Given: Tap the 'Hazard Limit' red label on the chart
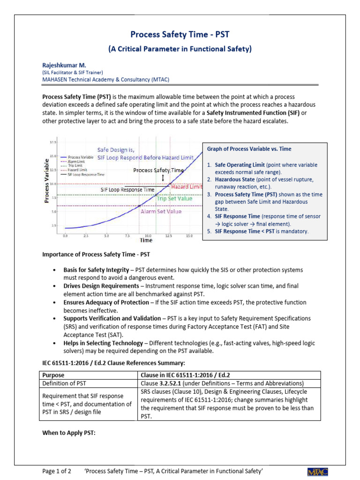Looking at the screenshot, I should (187, 187).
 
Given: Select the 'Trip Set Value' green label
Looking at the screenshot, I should (174, 198).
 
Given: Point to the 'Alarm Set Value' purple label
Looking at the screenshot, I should (161, 211).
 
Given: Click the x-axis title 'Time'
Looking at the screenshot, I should (145, 240).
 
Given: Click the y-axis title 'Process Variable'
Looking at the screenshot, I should (47, 180).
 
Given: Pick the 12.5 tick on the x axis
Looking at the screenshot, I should (169, 236).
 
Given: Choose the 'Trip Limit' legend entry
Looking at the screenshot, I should (75, 165).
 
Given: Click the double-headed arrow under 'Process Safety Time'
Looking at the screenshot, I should (163, 178).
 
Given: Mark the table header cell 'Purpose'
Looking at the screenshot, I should (53, 375).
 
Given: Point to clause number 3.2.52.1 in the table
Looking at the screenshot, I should (173, 383).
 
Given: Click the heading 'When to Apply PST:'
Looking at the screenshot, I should (69, 433).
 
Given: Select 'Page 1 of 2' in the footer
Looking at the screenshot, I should (56, 470).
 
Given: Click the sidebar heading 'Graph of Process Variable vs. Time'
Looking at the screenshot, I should (249, 149).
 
